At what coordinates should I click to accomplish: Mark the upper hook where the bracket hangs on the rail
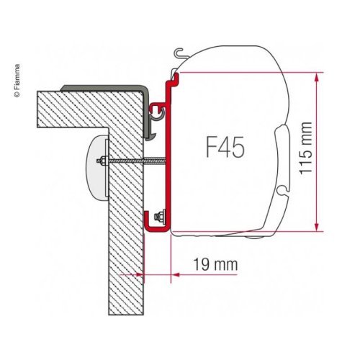156,108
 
